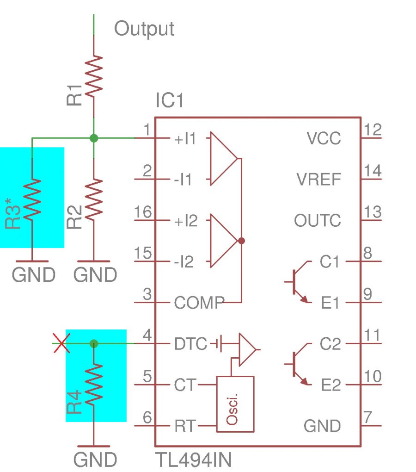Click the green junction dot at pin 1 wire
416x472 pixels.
(x=94, y=138)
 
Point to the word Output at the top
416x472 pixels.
(x=144, y=29)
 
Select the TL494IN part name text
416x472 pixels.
(x=194, y=460)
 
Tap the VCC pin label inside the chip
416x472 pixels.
(x=324, y=138)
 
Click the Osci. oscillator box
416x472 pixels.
(x=235, y=404)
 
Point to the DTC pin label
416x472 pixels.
(x=190, y=344)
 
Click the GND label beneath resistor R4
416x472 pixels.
(x=95, y=460)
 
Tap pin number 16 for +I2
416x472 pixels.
(x=142, y=212)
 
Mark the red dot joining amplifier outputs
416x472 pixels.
(x=241, y=241)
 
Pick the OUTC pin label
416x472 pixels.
(x=318, y=221)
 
